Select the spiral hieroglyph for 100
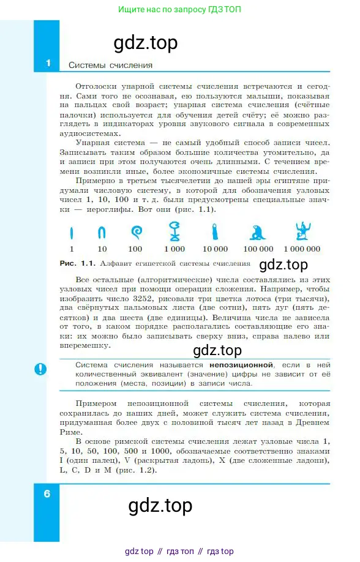pyautogui.click(x=135, y=232)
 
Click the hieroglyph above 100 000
pyautogui.click(x=258, y=232)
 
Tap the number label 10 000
pyautogui.click(x=216, y=249)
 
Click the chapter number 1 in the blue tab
pyautogui.click(x=48, y=64)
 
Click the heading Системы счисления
pyautogui.click(x=110, y=64)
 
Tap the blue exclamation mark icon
pyautogui.click(x=41, y=369)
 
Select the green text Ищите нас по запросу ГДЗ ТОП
pyautogui.click(x=180, y=10)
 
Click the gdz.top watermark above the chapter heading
pyautogui.click(x=146, y=42)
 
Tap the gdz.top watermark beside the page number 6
pyautogui.click(x=160, y=506)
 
